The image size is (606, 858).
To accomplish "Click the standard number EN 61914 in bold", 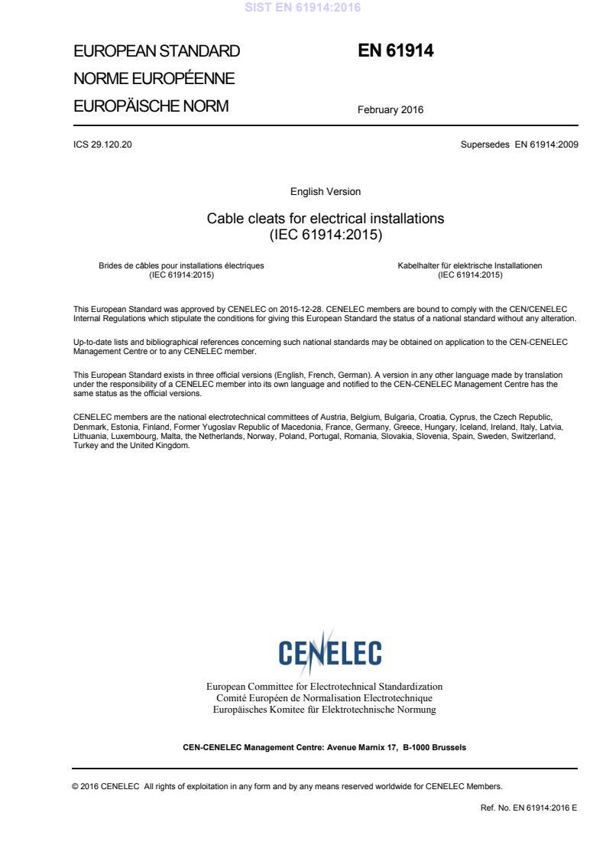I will [396, 51].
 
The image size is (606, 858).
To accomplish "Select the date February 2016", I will [390, 109].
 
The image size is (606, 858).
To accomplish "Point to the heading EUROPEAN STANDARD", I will [157, 52].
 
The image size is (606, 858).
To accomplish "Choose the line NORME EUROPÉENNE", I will [154, 79].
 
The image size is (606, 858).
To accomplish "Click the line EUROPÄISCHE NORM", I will [151, 106].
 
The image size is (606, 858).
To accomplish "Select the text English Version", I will [326, 191].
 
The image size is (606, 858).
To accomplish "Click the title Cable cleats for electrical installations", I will [326, 219].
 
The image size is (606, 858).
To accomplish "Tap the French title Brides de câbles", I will [181, 265].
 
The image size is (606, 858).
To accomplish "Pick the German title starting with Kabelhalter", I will [470, 265].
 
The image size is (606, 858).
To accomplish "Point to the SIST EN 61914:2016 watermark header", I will [303, 8].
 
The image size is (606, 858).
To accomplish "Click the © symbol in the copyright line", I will [76, 786].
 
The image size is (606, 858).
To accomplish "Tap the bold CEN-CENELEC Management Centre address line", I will [325, 747].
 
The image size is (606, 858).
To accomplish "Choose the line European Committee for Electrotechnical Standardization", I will [325, 687].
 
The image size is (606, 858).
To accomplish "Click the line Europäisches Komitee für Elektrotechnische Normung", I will [325, 710].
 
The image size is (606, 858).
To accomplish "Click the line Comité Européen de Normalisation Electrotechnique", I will [325, 698].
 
